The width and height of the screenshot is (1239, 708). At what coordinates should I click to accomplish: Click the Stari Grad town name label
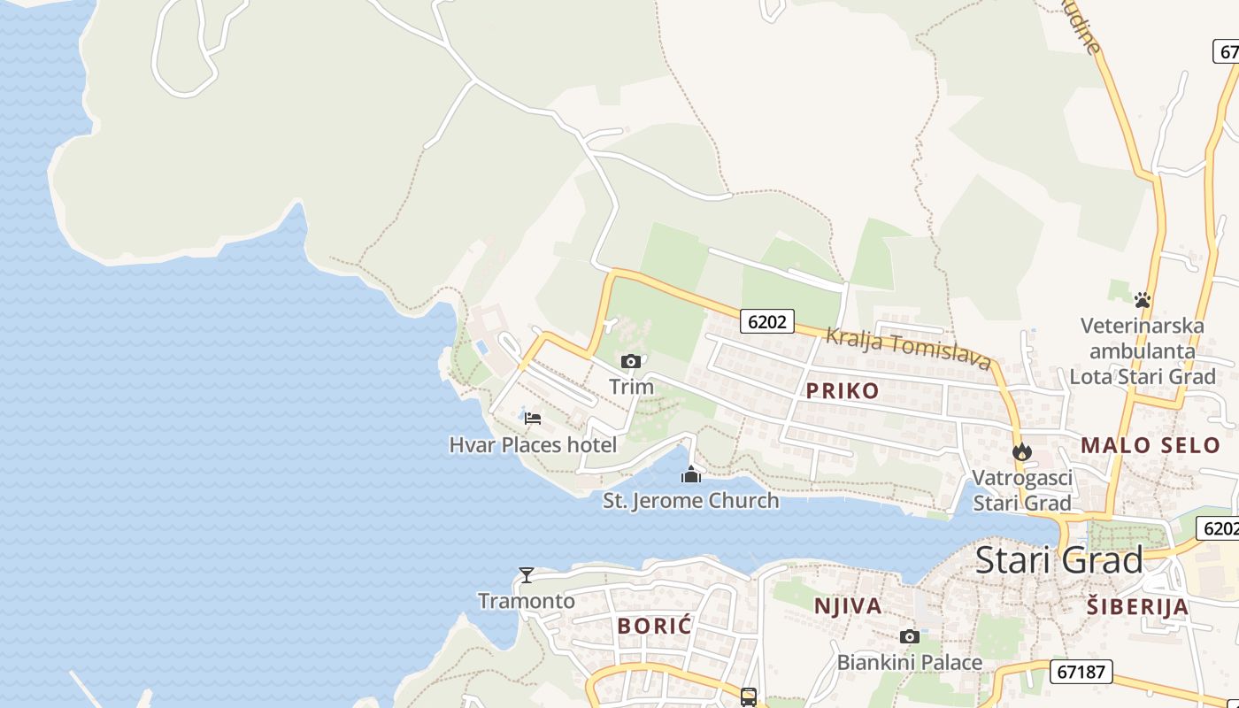point(1058,560)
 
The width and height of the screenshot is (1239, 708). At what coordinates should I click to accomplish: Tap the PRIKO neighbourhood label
point(843,391)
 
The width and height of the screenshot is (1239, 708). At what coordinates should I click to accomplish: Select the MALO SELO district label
point(1150,445)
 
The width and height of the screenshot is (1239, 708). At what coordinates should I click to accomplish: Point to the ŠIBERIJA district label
point(1137,607)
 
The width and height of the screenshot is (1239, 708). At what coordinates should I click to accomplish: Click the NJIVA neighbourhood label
point(847,606)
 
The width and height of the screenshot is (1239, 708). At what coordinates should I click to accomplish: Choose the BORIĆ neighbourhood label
point(655,626)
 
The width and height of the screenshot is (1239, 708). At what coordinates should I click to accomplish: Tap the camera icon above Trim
point(631,361)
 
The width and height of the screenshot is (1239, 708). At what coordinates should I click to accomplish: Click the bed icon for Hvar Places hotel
point(532,418)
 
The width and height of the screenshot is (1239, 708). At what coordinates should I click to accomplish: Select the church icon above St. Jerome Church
point(691,475)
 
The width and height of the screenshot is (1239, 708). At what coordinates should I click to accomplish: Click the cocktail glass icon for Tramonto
point(527,575)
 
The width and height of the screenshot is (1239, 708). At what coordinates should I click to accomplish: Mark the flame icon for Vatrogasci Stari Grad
point(1022,452)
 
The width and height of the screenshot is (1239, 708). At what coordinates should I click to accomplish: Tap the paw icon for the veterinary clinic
point(1143,300)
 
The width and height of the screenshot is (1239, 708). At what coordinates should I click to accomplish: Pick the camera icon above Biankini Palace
point(909,636)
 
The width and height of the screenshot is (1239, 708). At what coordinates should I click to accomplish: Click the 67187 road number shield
point(1081,672)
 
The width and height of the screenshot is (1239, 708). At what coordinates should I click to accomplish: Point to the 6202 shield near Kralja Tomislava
point(766,321)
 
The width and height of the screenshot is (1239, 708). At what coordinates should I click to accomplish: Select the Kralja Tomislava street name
point(907,348)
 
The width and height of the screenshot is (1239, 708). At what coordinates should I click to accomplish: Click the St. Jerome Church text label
point(691,501)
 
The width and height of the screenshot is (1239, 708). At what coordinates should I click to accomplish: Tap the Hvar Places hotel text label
point(533,444)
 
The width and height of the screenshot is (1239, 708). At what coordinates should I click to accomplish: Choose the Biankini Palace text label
point(909,662)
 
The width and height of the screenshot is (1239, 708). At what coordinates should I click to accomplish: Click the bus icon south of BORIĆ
point(749,697)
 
